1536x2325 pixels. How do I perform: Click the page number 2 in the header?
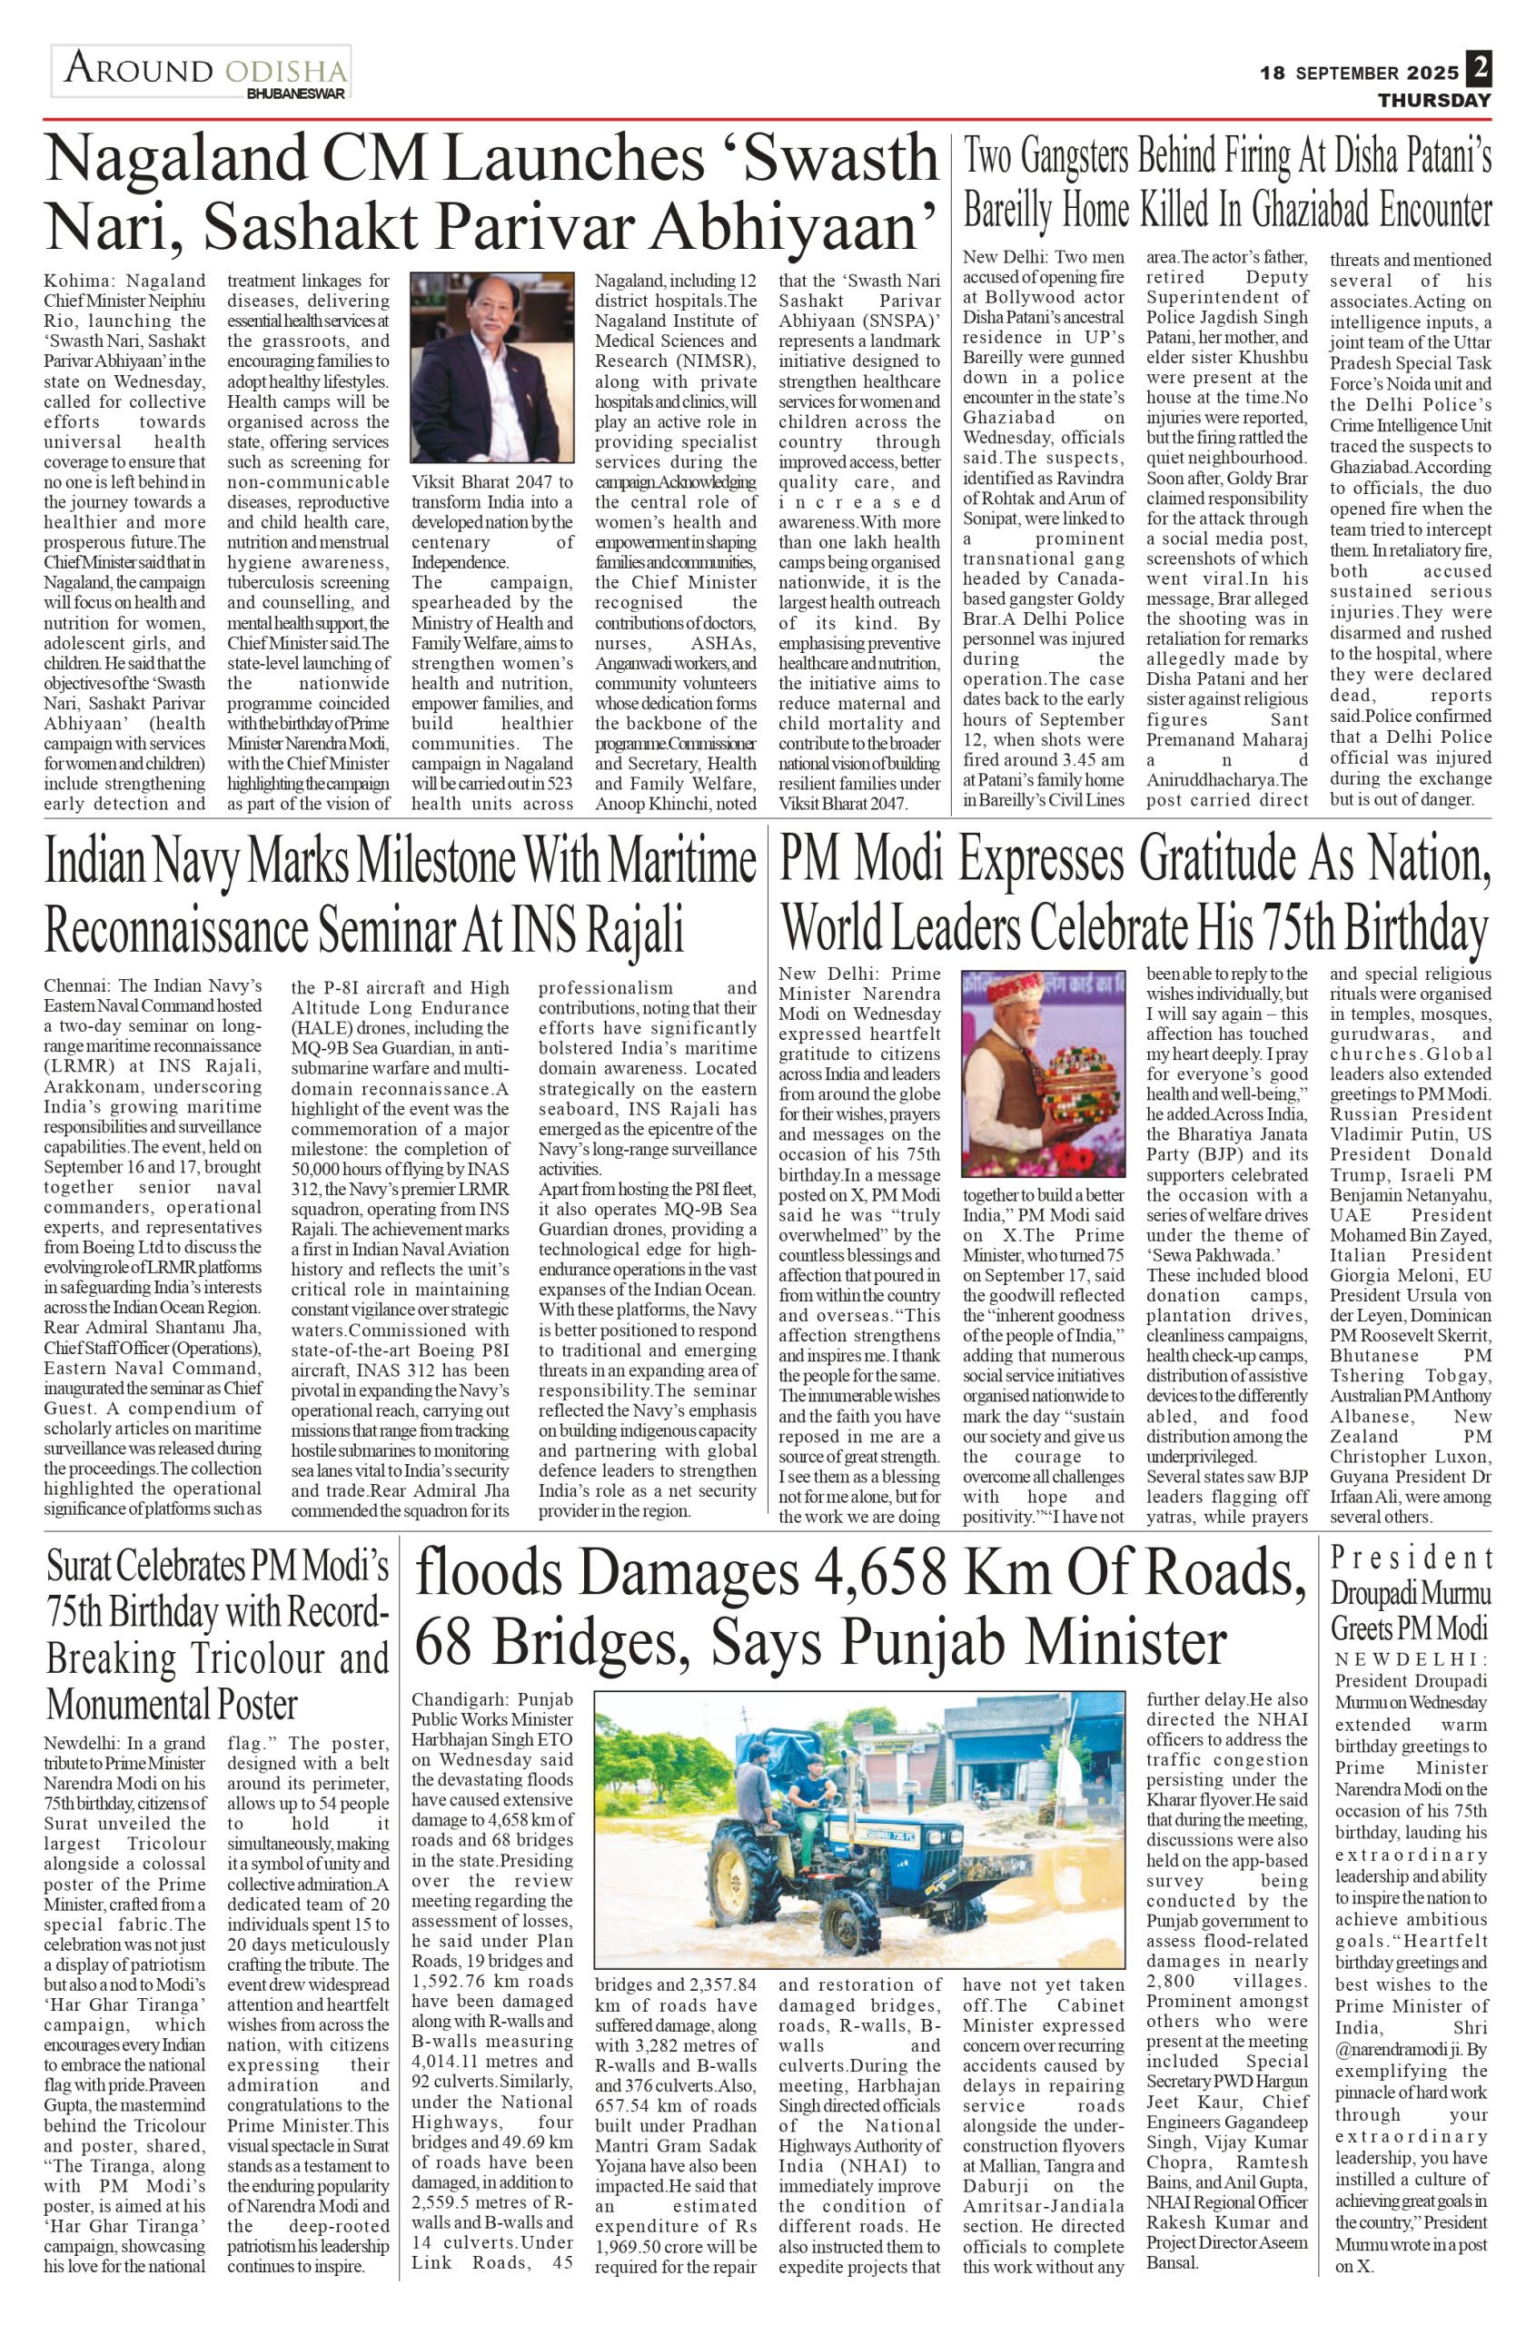(1478, 70)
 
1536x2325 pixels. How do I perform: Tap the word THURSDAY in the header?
(1434, 100)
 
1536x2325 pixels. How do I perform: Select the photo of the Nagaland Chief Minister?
(491, 366)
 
